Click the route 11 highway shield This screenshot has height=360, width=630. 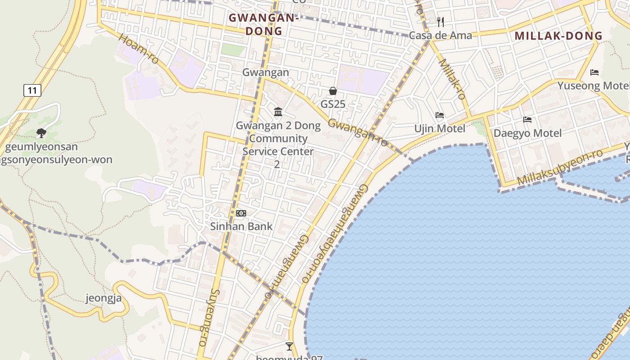(32, 90)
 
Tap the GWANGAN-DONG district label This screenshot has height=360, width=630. (264, 24)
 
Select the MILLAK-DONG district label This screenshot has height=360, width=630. (558, 36)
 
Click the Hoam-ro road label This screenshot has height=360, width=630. (139, 48)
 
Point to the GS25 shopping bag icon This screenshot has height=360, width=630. (333, 91)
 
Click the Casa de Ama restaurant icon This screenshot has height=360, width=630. (441, 22)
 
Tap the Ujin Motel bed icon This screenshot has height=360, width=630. (440, 116)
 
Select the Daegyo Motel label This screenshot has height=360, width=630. (527, 133)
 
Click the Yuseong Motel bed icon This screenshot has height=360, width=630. (594, 72)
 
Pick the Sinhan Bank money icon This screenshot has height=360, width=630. (241, 213)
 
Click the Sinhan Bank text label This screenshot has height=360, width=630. (241, 226)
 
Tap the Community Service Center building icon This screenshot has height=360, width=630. (278, 112)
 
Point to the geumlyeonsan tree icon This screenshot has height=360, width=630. (41, 133)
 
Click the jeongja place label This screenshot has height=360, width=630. (103, 298)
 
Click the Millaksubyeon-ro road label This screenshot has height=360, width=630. (560, 168)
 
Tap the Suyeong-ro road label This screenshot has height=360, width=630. (209, 317)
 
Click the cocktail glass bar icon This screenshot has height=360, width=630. (289, 346)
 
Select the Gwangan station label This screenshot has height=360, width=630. (265, 72)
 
